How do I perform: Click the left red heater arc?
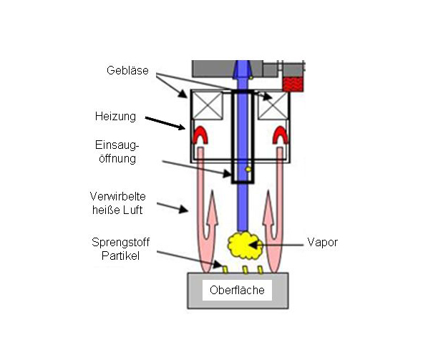coord(200,135)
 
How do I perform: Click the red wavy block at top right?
coord(292,84)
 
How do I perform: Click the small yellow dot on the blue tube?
coord(248,170)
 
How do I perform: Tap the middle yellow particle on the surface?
coord(245,270)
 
